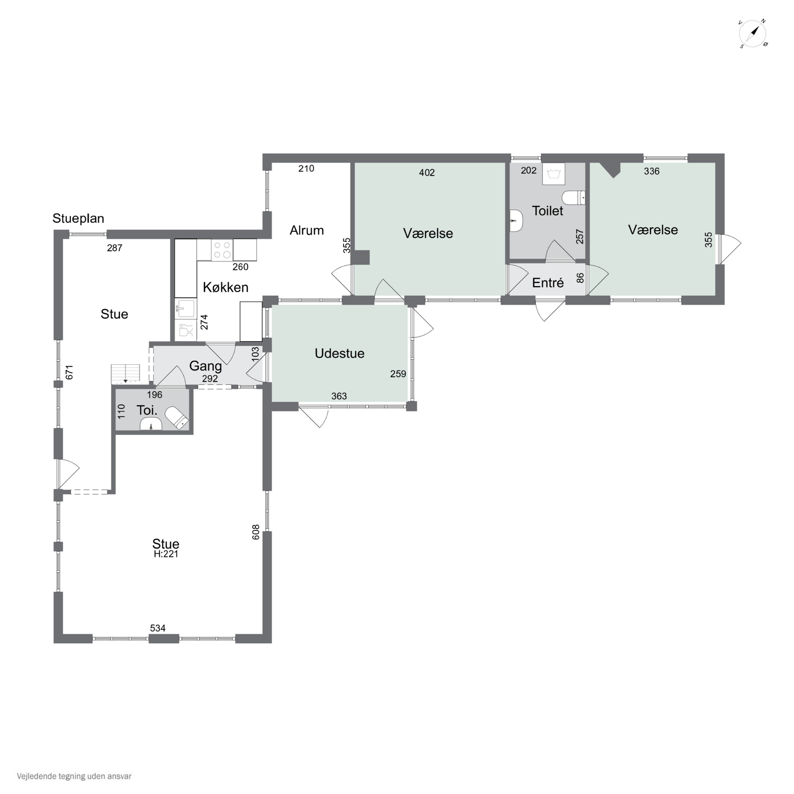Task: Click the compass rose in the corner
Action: (753, 34)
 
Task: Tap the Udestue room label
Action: (340, 353)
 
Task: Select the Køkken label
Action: (225, 287)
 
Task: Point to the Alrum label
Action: (306, 230)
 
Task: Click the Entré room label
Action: (548, 283)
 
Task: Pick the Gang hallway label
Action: (205, 366)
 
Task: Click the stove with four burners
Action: (222, 250)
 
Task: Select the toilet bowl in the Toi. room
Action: (177, 418)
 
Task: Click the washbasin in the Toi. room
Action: (151, 424)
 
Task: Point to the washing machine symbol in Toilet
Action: (554, 174)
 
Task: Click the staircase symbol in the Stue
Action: (125, 373)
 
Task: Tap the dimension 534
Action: (158, 628)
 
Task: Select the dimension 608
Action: (256, 532)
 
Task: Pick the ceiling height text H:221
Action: (166, 554)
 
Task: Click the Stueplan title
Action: (78, 218)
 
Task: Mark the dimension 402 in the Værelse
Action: (427, 173)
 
